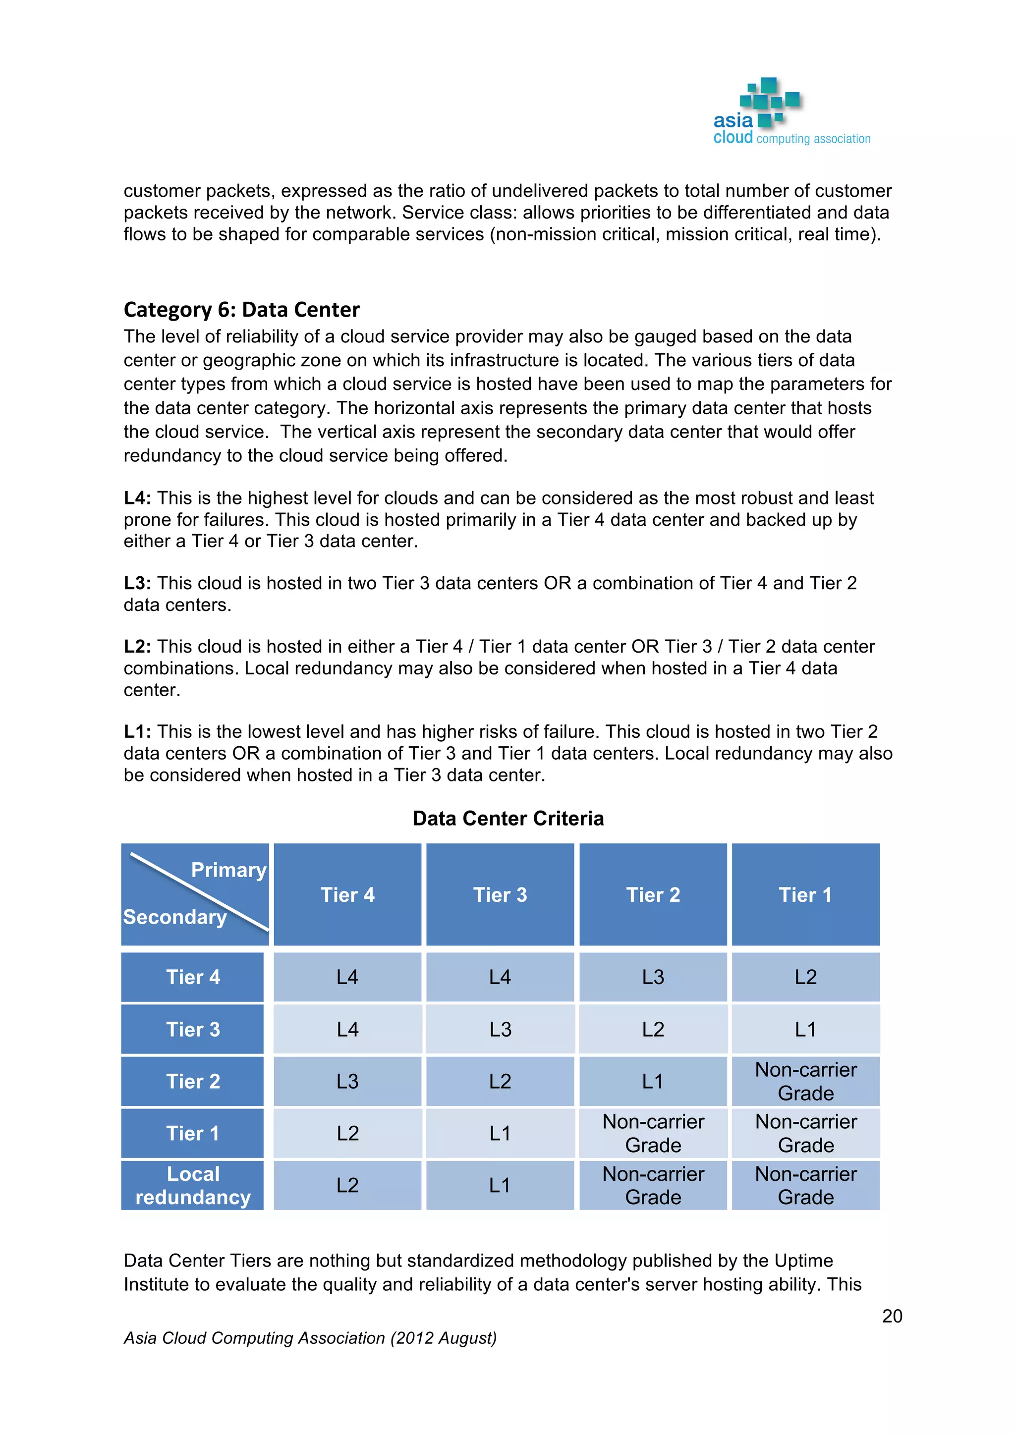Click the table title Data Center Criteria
pos(507,818)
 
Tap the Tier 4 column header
pos(347,894)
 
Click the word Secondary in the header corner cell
pos(175,917)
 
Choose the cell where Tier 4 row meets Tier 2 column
pos(653,977)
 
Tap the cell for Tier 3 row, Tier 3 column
pos(500,1029)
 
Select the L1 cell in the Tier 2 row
pos(653,1081)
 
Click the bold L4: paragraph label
pos(137,498)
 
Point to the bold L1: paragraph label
pos(137,731)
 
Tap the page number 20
pos(892,1316)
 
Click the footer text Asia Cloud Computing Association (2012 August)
pos(310,1338)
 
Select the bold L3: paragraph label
pos(137,583)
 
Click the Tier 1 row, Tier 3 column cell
pos(500,1133)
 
